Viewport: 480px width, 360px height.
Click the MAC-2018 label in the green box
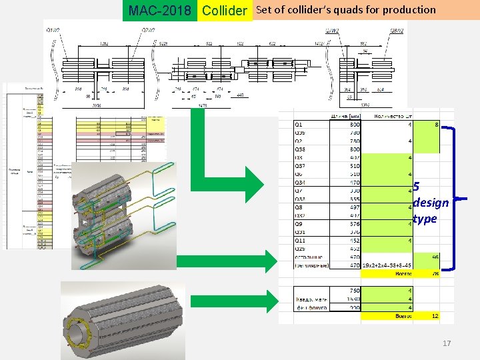coord(159,11)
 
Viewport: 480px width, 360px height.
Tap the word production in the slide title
coord(409,10)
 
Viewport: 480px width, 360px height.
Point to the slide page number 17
coord(447,343)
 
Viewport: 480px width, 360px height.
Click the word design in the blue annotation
coord(431,203)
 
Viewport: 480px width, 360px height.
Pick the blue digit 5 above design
coord(416,187)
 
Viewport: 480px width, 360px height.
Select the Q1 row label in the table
coord(299,124)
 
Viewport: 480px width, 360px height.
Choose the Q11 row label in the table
coord(300,240)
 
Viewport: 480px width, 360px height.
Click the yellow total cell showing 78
coord(434,273)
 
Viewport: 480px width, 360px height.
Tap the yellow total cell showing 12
coord(434,317)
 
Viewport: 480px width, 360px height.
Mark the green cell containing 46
coord(434,257)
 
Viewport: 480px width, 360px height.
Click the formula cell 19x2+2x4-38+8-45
coord(387,265)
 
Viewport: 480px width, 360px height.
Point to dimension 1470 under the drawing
coord(203,105)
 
